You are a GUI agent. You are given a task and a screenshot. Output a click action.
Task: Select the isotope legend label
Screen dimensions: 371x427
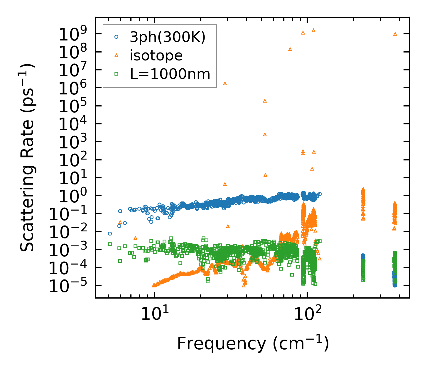[x=156, y=55]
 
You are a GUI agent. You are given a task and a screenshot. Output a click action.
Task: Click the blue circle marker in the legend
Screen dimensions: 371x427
[x=117, y=37]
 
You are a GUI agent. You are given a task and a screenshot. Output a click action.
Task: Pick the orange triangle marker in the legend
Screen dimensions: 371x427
[x=117, y=55]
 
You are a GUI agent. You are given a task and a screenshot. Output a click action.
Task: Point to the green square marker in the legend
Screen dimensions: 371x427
[x=117, y=74]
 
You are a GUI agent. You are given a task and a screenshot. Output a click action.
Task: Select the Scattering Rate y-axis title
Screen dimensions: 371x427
[x=27, y=157]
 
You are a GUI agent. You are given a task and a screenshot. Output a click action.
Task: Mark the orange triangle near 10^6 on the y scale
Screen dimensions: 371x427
[x=225, y=83]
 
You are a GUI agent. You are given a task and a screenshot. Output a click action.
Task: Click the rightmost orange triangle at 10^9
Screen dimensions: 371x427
[x=395, y=34]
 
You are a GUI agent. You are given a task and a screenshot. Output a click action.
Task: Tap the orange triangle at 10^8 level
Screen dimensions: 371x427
[x=290, y=49]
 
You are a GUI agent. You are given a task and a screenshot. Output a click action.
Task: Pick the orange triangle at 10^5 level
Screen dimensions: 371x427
[x=265, y=101]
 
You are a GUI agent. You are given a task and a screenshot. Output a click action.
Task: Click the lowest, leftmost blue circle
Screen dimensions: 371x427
[x=110, y=234]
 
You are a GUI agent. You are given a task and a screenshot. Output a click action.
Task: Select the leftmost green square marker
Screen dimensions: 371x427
[x=110, y=244]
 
